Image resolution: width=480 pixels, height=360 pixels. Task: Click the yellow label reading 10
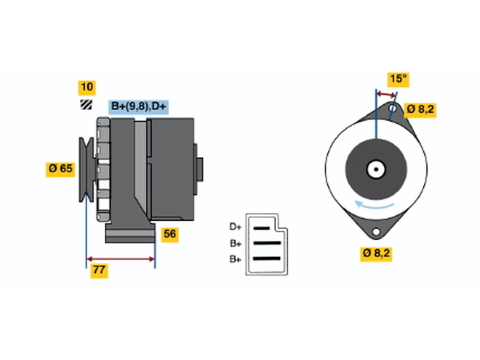tap(87, 88)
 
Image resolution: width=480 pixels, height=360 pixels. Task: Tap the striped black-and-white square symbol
tap(86, 105)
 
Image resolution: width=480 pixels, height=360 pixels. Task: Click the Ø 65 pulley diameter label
tap(60, 169)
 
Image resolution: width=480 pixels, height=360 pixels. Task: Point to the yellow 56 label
tap(170, 235)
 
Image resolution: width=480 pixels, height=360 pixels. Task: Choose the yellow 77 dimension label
tap(99, 271)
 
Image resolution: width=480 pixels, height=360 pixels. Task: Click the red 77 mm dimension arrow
tap(121, 259)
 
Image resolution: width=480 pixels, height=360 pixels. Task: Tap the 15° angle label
tap(398, 80)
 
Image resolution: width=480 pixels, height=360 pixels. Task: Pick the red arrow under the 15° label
tap(386, 94)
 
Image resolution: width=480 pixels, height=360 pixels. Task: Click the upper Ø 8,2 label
tap(420, 110)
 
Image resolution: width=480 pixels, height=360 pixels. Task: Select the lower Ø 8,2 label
tap(376, 254)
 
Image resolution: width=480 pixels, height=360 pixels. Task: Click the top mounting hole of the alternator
tap(392, 108)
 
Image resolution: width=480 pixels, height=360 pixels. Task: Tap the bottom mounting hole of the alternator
tap(376, 231)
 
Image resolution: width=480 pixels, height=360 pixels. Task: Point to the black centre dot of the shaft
tap(376, 169)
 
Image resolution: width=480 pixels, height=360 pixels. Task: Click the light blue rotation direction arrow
tap(374, 205)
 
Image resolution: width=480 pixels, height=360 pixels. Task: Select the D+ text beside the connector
tap(235, 227)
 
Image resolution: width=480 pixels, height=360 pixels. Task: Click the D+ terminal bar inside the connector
tap(261, 228)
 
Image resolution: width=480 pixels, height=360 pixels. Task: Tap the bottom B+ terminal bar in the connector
tap(267, 259)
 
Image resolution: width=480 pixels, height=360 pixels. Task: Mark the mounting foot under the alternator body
tap(130, 233)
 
